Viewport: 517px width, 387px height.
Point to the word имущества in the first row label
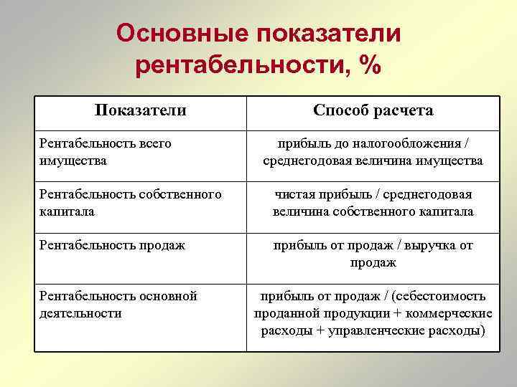coord(73,161)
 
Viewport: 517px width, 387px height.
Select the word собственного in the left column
coord(182,194)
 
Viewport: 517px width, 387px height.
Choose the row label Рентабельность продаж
coord(112,245)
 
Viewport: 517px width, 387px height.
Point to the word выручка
coord(424,245)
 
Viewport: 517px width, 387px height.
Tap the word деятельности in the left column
coord(80,313)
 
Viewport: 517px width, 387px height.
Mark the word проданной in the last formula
coord(284,313)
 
